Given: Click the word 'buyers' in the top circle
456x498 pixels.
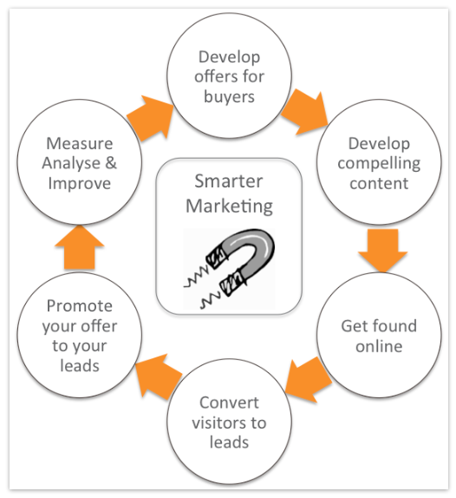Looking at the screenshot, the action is pos(229,97).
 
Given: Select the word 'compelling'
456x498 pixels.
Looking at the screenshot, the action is pos(379,164).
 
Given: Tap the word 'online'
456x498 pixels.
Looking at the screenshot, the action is pos(379,346).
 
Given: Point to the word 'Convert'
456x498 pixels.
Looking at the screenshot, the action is pos(229,403).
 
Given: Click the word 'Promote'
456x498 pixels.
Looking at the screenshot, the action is pos(80,306).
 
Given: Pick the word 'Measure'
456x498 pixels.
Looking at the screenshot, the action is pos(80,143).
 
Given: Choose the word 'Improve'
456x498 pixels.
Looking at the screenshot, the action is pos(80,184).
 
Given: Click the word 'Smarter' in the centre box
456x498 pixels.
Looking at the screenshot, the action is pos(229,181).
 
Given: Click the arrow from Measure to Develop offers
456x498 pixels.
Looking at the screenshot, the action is pos(150,117).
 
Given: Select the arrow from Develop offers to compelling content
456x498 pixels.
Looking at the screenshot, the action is pos(305,112).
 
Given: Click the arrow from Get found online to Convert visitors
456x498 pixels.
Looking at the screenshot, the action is pos(309,380).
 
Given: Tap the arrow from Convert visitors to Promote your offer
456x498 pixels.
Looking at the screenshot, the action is pos(159,377).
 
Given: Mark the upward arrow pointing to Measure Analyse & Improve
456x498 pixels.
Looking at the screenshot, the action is pos(80,247).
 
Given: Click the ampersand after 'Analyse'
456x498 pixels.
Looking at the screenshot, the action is pos(111,164).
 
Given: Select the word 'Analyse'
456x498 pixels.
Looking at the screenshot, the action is pos(71,164).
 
